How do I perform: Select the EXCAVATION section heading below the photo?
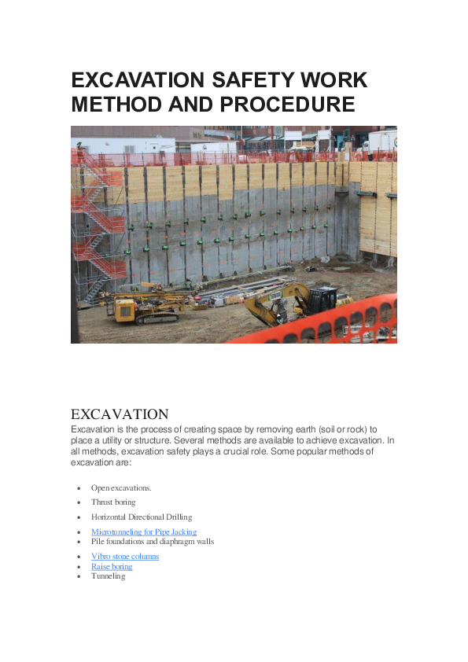[x=120, y=414]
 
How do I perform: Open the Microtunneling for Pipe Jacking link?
[x=144, y=532]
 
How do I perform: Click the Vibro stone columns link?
[x=125, y=557]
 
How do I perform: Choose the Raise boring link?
[x=112, y=566]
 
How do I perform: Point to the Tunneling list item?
[x=108, y=576]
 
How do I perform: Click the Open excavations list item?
[x=121, y=488]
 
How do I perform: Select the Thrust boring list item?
[x=113, y=502]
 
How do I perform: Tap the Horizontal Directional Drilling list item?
[x=142, y=517]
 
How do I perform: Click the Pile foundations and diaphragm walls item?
[x=153, y=542]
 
